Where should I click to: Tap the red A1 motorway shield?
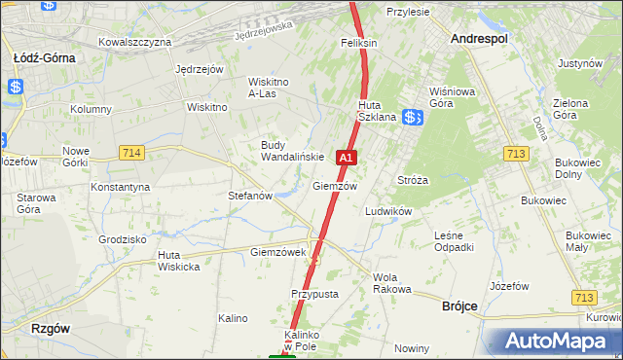pyautogui.click(x=346, y=157)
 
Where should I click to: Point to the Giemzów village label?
pyautogui.click(x=335, y=186)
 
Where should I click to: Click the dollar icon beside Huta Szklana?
pyautogui.click(x=413, y=117)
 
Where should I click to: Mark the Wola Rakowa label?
pyautogui.click(x=392, y=283)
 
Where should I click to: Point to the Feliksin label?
pyautogui.click(x=358, y=44)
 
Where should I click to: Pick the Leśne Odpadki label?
pyautogui.click(x=455, y=240)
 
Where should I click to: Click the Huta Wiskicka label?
pyautogui.click(x=178, y=261)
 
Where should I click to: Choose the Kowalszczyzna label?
pyautogui.click(x=135, y=42)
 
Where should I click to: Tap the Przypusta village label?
pyautogui.click(x=314, y=293)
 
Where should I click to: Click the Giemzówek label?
pyautogui.click(x=278, y=252)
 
